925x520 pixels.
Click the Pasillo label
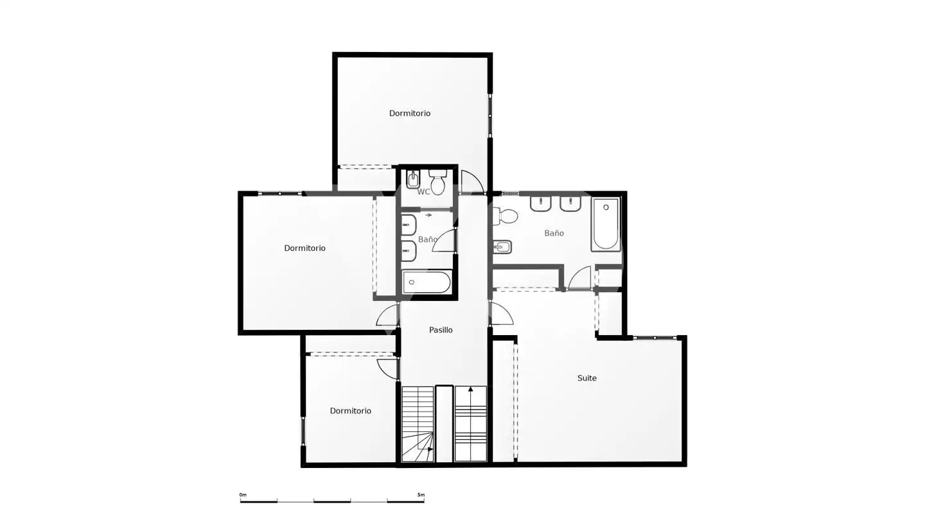pos(441,330)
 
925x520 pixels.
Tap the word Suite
pos(587,377)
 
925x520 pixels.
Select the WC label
pos(424,192)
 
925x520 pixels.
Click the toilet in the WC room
pos(437,182)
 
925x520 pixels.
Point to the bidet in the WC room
pos(413,179)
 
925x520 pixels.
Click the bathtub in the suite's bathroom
pos(605,224)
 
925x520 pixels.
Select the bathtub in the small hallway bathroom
pos(427,282)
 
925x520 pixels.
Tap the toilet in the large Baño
pos(505,216)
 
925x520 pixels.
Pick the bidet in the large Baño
pos(502,247)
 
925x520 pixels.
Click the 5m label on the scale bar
pos(421,495)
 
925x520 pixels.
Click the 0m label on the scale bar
pos(243,495)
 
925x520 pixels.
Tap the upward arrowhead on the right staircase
pos(471,389)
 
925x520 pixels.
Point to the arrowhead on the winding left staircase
pos(430,449)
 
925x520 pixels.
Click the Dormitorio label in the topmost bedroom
pos(410,113)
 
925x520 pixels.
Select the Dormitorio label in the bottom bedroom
pos(350,411)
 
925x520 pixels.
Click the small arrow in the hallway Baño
pos(428,215)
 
